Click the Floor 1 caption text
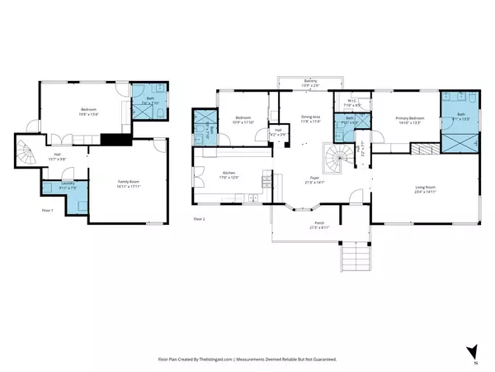(x=46, y=211)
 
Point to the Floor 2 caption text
(x=199, y=218)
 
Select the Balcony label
(x=299, y=81)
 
